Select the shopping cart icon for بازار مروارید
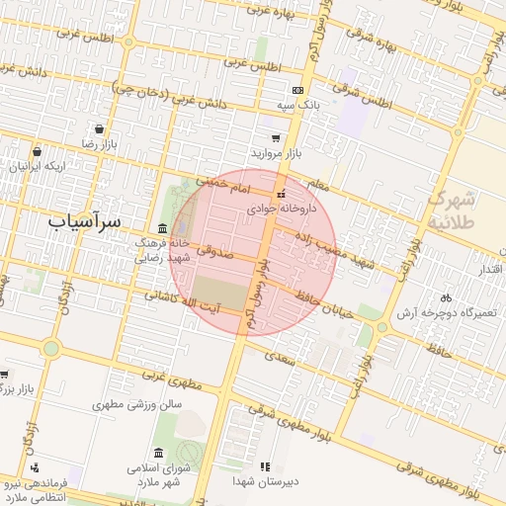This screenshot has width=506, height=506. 275,139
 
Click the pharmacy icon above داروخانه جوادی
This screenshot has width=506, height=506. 282,195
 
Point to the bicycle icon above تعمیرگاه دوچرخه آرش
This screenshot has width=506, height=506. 446,297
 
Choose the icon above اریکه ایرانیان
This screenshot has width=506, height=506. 37,152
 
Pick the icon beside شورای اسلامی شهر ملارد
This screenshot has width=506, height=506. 160,453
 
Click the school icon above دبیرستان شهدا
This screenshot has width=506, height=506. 264,466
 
